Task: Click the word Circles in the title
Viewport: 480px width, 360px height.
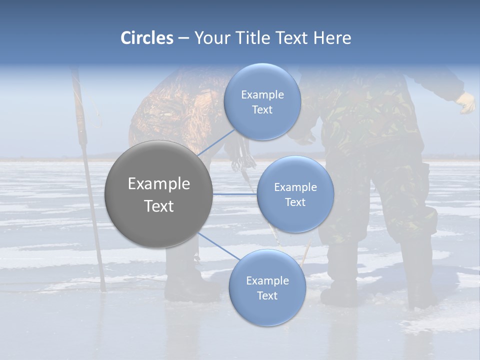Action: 146,38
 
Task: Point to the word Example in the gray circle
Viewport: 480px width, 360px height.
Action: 158,184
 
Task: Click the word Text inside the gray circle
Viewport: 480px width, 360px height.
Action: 158,206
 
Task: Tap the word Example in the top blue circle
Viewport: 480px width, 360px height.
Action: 262,95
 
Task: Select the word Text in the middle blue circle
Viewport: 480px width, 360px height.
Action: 295,202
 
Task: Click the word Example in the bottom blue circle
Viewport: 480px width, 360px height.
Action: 267,281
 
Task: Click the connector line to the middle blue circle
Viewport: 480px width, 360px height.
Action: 235,193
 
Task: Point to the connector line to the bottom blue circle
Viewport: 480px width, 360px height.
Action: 219,246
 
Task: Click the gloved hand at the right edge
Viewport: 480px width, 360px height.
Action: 466,102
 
